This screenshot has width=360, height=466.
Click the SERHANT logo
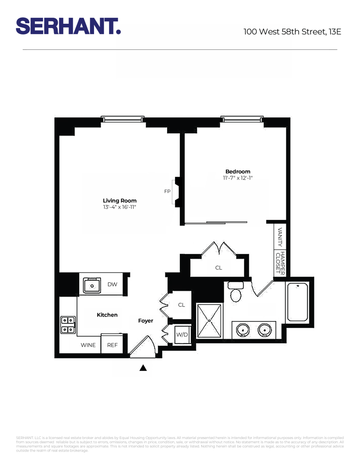(68, 26)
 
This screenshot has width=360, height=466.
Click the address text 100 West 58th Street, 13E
(292, 32)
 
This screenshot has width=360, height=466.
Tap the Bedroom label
(238, 171)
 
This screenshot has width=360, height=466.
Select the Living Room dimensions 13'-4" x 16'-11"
(120, 207)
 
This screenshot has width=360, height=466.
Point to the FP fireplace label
(167, 192)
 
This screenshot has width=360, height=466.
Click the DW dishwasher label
(112, 285)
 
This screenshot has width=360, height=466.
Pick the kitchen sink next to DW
(92, 285)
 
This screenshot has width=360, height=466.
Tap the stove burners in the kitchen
(68, 325)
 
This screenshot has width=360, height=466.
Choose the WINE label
(88, 345)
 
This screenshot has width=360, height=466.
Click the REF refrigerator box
(112, 345)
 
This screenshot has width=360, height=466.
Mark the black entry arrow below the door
(143, 368)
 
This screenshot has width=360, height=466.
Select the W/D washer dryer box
(181, 334)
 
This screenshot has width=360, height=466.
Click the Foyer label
(146, 321)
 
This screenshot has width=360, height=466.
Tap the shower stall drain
(210, 321)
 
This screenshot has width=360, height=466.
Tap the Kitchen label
(107, 315)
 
